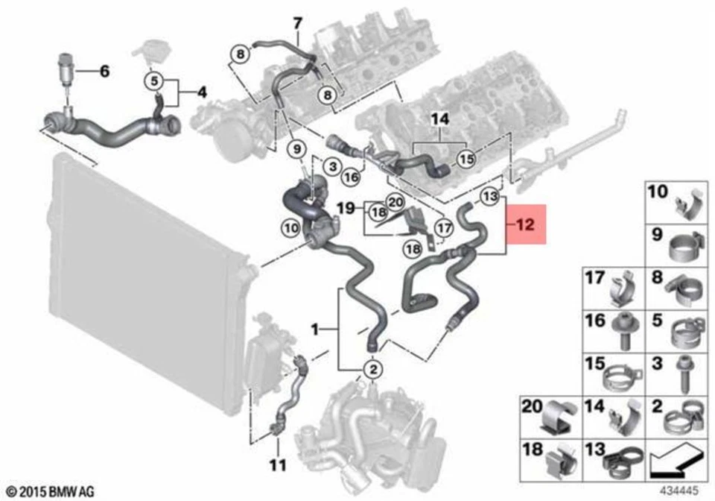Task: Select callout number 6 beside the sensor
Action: click(104, 72)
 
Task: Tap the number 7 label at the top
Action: click(297, 22)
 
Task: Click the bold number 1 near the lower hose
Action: click(316, 328)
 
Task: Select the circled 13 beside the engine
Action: click(488, 197)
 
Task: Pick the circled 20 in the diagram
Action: click(395, 201)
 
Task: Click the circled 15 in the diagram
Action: click(465, 159)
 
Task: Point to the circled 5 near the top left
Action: click(155, 79)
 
